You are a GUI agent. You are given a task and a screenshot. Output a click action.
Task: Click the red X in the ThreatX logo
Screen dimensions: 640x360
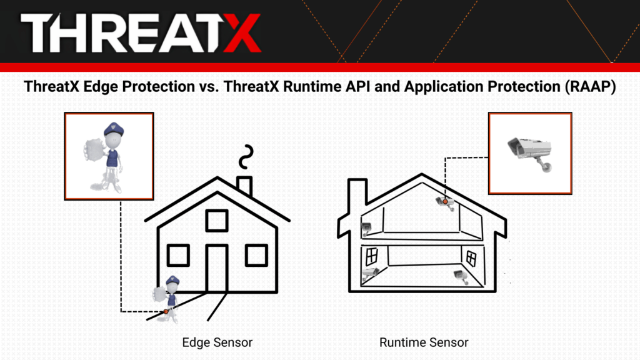pos(242,32)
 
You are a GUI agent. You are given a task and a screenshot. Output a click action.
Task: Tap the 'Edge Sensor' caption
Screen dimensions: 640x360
pos(217,342)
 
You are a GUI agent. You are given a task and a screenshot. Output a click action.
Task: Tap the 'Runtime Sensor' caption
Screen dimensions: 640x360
pos(424,342)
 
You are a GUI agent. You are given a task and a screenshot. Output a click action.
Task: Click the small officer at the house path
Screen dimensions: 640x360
pos(168,299)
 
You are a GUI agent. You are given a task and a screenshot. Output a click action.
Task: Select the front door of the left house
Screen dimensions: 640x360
pos(217,268)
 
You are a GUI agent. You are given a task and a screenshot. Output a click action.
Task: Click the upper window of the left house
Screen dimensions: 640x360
pos(217,221)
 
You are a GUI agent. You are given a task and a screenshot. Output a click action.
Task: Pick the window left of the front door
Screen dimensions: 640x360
pos(178,255)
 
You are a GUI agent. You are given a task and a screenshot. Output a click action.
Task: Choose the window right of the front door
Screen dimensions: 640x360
pos(256,255)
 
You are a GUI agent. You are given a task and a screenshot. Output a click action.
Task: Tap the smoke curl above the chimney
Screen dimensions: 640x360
pos(246,157)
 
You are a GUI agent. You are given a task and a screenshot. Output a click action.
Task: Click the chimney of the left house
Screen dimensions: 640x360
pos(244,186)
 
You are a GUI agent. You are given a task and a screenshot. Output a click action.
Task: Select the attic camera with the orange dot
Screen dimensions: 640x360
pos(446,203)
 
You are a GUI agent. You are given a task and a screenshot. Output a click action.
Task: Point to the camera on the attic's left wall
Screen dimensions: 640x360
pos(366,229)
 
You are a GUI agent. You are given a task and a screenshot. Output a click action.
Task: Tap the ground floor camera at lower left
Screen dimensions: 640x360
pos(370,273)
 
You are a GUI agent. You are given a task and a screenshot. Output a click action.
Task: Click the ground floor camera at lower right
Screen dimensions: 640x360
pos(461,276)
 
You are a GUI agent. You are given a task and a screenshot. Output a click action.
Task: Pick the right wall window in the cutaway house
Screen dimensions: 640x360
pos(471,258)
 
